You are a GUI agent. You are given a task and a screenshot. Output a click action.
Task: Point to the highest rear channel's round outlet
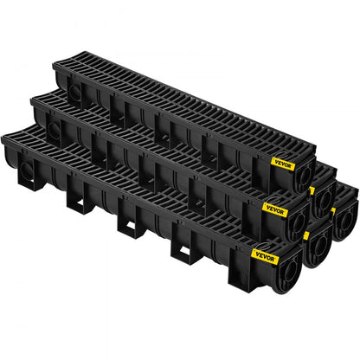(x=322, y=199)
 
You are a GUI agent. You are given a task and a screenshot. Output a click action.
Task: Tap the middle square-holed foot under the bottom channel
(x=130, y=223)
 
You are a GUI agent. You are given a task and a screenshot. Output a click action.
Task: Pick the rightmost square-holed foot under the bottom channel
(x=183, y=251)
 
